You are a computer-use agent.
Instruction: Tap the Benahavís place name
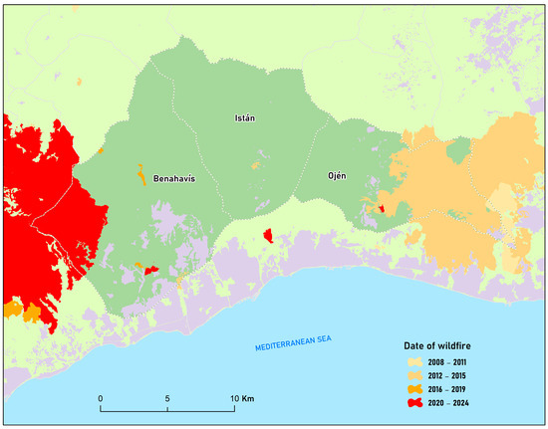coord(176,179)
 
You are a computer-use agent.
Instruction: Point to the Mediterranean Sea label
coord(291,344)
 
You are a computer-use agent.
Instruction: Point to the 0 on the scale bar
coord(100,398)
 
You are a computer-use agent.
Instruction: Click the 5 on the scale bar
coord(166,398)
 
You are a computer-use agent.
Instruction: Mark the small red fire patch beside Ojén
coord(382,208)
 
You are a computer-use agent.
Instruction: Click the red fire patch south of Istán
coord(268,235)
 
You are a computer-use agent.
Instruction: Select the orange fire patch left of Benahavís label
coord(140,171)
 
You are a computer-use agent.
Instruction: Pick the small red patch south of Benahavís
coord(151,270)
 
